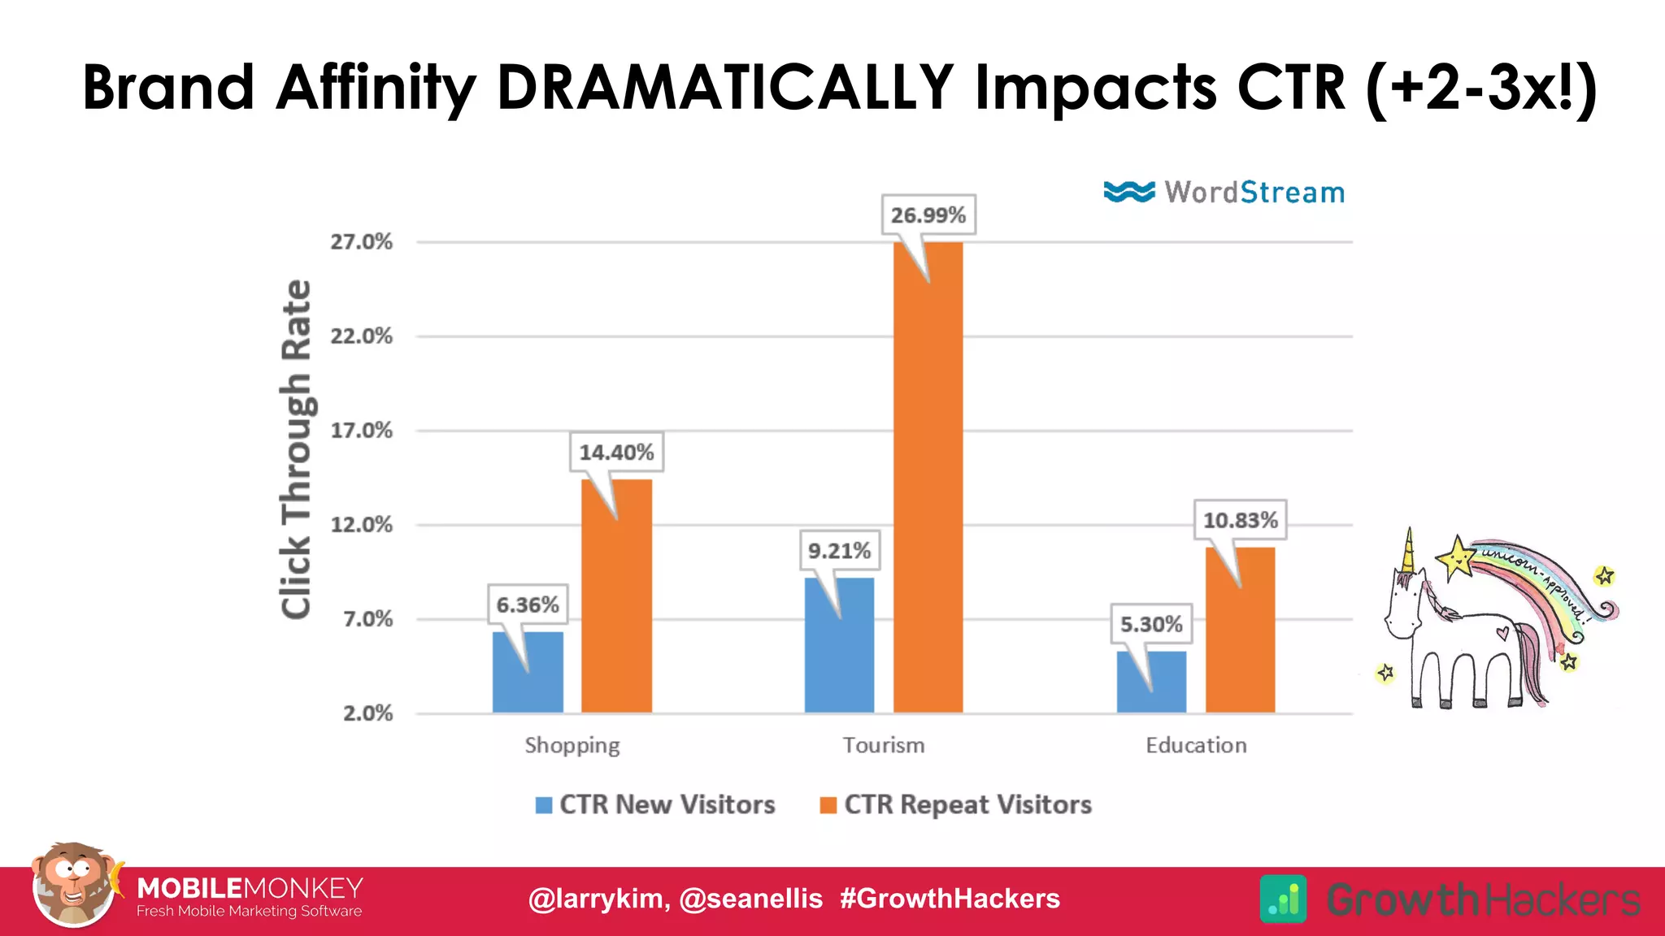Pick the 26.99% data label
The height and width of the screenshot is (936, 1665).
tap(928, 215)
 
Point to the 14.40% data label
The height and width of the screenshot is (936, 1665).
tap(615, 453)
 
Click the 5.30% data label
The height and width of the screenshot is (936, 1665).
tap(1151, 624)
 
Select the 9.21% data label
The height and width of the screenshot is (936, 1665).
tap(839, 551)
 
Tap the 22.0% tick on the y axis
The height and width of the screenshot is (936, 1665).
tap(361, 336)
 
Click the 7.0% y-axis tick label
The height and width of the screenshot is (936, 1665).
tap(367, 619)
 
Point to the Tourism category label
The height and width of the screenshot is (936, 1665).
tap(884, 745)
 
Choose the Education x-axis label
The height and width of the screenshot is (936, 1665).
tap(1196, 745)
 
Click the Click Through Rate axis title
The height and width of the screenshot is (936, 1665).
tap(296, 449)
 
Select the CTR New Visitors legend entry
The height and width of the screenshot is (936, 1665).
tap(655, 804)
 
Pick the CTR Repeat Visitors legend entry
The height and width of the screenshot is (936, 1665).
tap(956, 804)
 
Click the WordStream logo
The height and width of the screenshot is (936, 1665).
tap(1224, 193)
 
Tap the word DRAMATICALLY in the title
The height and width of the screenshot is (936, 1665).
tap(724, 87)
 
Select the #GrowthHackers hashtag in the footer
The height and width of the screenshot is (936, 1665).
tap(950, 899)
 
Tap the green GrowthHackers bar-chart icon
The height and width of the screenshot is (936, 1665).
tap(1283, 899)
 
